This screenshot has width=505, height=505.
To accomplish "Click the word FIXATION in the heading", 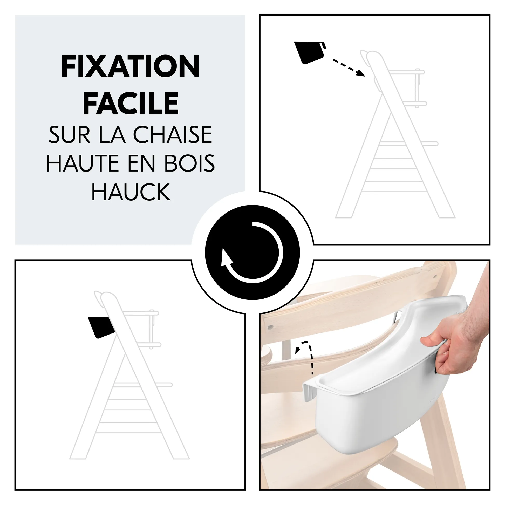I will (x=131, y=66).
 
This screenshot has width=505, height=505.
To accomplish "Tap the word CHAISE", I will (x=173, y=135).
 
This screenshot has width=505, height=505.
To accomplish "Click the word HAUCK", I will (x=131, y=192).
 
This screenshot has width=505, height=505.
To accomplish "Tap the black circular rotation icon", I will (x=252, y=252).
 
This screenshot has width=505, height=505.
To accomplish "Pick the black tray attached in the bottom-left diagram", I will (x=101, y=327).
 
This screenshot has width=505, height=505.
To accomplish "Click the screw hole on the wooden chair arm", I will (x=271, y=327).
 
